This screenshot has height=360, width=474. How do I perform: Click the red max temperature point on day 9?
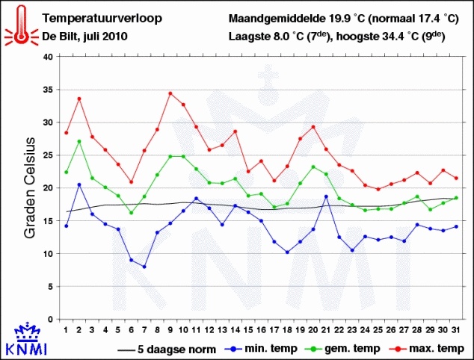click(170, 93)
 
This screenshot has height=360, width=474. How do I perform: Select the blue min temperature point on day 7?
click(144, 267)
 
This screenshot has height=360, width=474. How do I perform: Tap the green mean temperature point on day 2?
click(79, 141)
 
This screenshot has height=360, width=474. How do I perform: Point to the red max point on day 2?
click(79, 99)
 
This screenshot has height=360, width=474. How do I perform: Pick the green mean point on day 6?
click(132, 213)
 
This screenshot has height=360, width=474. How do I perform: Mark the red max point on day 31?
click(456, 178)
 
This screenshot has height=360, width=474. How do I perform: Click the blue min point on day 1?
click(67, 226)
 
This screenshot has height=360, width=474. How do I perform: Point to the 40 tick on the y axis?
click(48, 57)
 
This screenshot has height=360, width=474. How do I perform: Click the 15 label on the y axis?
click(48, 221)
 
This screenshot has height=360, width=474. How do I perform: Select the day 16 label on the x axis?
click(262, 330)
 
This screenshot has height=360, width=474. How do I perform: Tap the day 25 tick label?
click(378, 330)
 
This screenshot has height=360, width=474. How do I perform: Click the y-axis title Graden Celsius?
click(31, 188)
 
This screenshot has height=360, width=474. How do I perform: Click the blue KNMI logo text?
click(26, 348)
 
